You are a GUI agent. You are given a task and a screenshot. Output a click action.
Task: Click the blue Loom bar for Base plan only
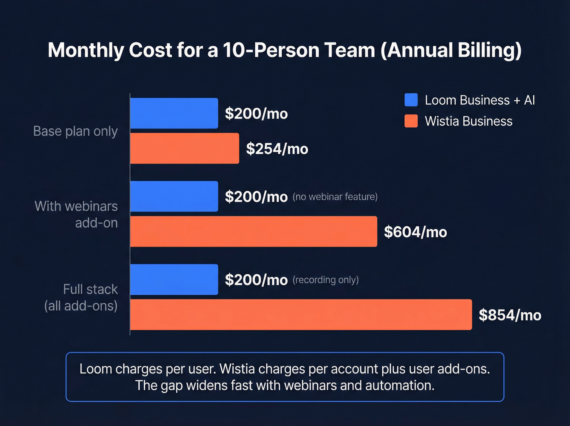(174, 113)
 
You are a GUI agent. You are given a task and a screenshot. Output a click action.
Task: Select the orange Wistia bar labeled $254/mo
(184, 148)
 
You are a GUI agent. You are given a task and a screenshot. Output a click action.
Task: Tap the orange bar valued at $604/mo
(253, 232)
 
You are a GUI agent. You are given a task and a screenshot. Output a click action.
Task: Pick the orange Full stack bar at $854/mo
(301, 315)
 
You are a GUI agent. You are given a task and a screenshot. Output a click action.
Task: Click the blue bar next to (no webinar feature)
(174, 196)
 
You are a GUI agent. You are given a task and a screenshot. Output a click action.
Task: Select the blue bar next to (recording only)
(174, 280)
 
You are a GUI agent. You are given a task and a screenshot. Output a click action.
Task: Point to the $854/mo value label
(510, 315)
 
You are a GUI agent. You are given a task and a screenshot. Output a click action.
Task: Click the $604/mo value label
(415, 232)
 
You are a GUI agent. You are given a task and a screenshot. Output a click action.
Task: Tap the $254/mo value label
(277, 149)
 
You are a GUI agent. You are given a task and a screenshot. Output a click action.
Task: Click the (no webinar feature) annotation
(335, 197)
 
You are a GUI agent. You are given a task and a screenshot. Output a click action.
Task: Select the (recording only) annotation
(325, 280)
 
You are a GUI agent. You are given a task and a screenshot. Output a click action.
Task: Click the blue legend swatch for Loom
(411, 100)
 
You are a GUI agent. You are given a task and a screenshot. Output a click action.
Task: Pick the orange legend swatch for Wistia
(411, 121)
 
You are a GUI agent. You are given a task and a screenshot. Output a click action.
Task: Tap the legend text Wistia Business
(468, 121)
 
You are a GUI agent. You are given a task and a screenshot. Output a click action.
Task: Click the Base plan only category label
(75, 131)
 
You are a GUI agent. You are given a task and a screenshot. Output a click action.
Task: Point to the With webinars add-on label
(77, 214)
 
